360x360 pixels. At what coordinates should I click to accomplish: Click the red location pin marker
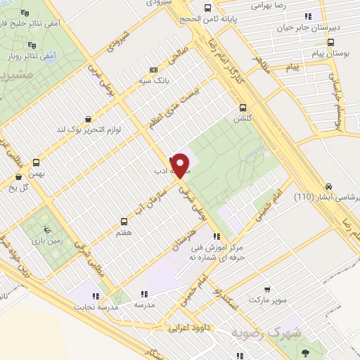coord(181,165)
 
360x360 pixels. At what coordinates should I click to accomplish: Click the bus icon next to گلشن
coord(243,108)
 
